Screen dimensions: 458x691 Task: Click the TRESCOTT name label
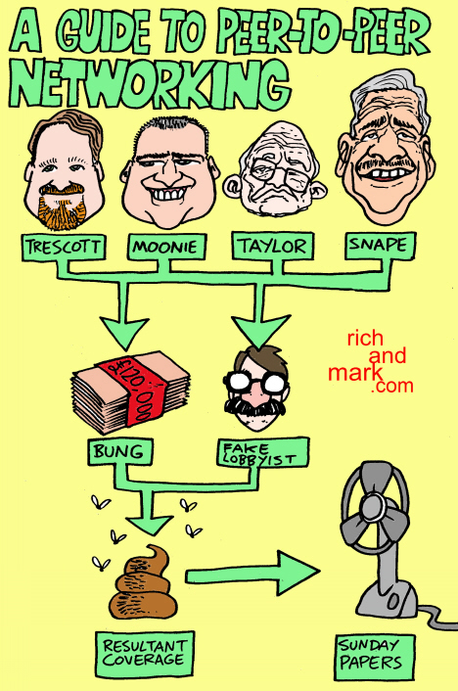tap(64, 247)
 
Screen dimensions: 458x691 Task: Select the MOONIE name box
tap(166, 247)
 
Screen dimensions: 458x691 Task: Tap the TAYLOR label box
tap(273, 247)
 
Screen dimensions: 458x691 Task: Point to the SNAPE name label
tap(380, 246)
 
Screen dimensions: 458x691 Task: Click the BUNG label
tap(120, 452)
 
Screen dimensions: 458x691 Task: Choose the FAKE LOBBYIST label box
tap(262, 452)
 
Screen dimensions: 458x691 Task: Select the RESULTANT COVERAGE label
tap(144, 653)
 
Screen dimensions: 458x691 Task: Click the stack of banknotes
tap(131, 392)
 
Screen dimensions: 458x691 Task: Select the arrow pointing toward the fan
tap(252, 574)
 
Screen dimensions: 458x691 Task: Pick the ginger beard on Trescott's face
tap(61, 208)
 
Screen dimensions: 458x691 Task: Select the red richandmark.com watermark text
tap(371, 361)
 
